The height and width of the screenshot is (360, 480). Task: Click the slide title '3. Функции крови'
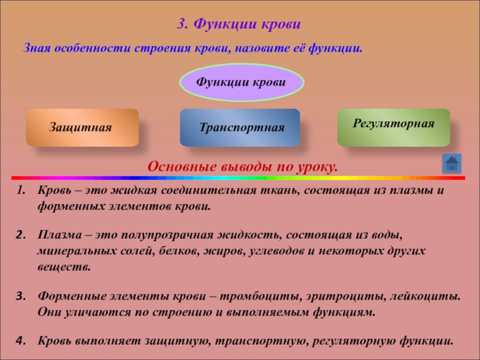(x=239, y=24)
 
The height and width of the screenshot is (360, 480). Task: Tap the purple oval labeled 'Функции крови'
(x=242, y=82)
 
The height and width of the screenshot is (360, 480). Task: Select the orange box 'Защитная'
(x=82, y=127)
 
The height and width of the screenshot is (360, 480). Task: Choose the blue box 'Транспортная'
(x=239, y=127)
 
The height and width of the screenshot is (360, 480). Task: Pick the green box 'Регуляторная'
(x=394, y=127)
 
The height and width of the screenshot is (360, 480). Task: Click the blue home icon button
(x=452, y=163)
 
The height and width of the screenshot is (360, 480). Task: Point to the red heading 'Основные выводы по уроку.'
(x=243, y=167)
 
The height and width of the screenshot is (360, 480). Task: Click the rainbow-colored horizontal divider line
(x=238, y=178)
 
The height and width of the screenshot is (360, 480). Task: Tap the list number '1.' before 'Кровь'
(x=21, y=190)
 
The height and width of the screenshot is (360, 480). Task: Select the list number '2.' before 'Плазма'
(x=20, y=235)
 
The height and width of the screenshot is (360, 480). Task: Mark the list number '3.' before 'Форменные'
(x=20, y=296)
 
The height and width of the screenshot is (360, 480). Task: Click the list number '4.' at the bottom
(x=20, y=341)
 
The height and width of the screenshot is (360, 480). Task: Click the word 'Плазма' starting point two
(x=60, y=235)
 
